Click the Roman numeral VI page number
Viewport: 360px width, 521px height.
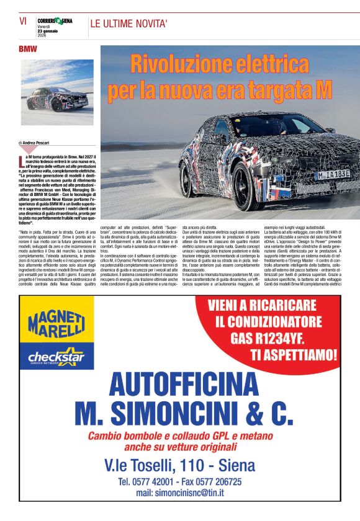pos(22,20)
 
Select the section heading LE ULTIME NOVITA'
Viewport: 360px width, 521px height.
pos(129,24)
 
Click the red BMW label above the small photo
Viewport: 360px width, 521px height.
pos(28,49)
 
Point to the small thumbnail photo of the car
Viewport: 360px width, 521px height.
pos(57,92)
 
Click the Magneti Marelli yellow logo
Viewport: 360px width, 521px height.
pos(56,322)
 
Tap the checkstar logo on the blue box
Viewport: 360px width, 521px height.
pos(56,357)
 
